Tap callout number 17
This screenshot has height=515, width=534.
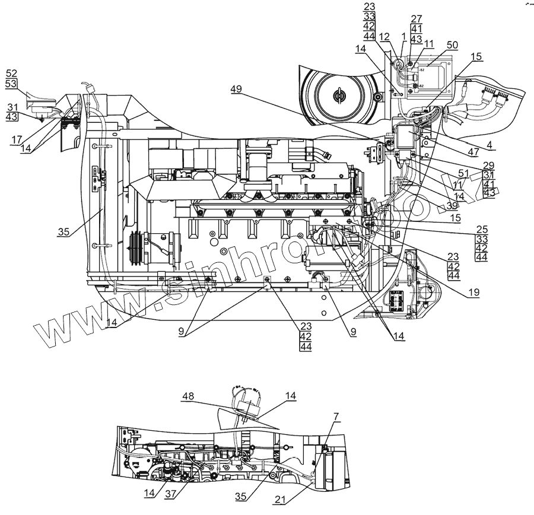pos(15,140)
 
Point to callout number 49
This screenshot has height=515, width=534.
pos(237,89)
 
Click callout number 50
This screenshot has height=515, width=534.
pos(452,45)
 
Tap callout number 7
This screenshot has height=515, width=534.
pos(336,417)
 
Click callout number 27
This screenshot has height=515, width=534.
pos(417,18)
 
